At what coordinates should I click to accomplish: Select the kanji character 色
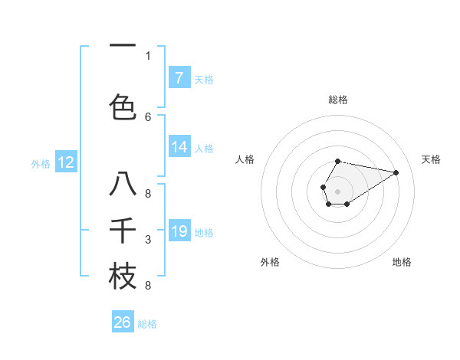point(123,106)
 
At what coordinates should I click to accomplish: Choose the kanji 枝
point(123,276)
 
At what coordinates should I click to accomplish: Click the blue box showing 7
point(179,78)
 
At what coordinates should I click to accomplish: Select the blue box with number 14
point(179,148)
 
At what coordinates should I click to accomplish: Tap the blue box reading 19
point(179,231)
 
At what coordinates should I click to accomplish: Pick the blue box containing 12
point(66,162)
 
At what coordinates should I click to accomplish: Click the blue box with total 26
point(123,322)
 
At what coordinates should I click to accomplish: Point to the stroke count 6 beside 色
point(148,116)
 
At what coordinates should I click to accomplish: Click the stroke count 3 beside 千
point(148,240)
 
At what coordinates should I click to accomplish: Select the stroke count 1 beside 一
point(148,56)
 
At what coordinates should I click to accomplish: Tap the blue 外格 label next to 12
point(41,163)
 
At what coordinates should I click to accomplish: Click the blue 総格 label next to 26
point(147,324)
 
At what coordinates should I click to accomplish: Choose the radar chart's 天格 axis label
point(431,159)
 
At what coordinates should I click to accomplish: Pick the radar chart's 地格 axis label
point(402,262)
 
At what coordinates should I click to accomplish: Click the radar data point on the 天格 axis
point(396,172)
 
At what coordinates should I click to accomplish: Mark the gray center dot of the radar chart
point(337,190)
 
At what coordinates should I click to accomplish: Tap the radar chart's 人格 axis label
point(245,159)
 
